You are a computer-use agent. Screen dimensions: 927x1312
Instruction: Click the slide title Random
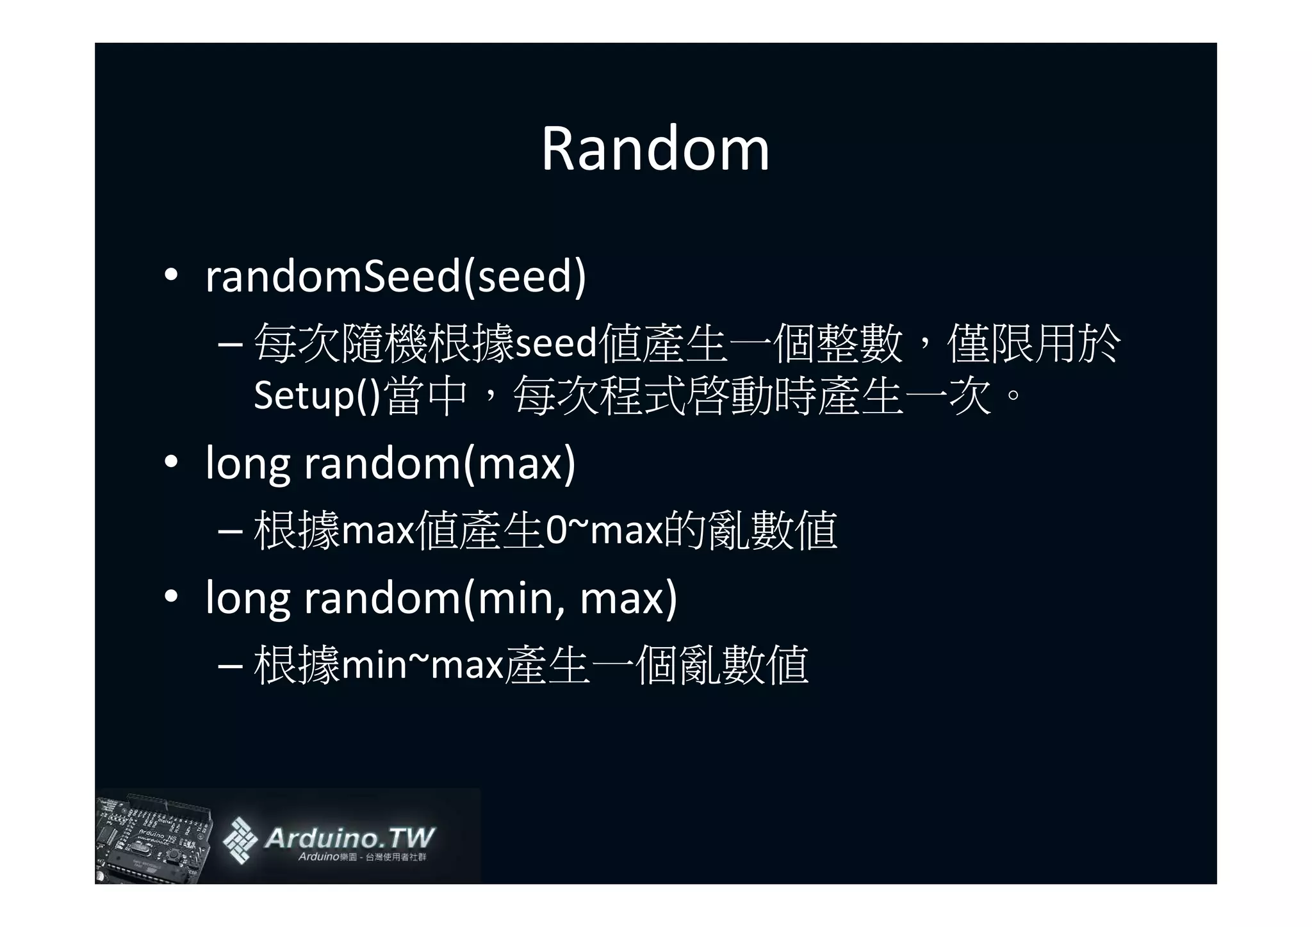pos(655,149)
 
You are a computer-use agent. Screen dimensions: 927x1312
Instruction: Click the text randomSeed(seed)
pos(395,277)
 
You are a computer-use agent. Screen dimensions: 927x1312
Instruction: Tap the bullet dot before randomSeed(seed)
pos(170,276)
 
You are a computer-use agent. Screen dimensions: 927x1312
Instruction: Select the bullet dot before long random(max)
pos(170,462)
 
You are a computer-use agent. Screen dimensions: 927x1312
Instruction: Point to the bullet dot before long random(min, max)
pos(170,596)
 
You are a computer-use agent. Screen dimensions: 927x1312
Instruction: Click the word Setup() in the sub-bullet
pos(317,395)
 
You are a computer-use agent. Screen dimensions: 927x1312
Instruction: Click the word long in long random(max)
pos(247,463)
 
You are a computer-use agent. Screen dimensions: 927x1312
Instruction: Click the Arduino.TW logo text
pos(349,838)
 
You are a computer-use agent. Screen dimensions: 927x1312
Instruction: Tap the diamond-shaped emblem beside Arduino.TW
pos(240,840)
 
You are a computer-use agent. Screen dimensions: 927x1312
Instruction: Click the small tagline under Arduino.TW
pos(362,857)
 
